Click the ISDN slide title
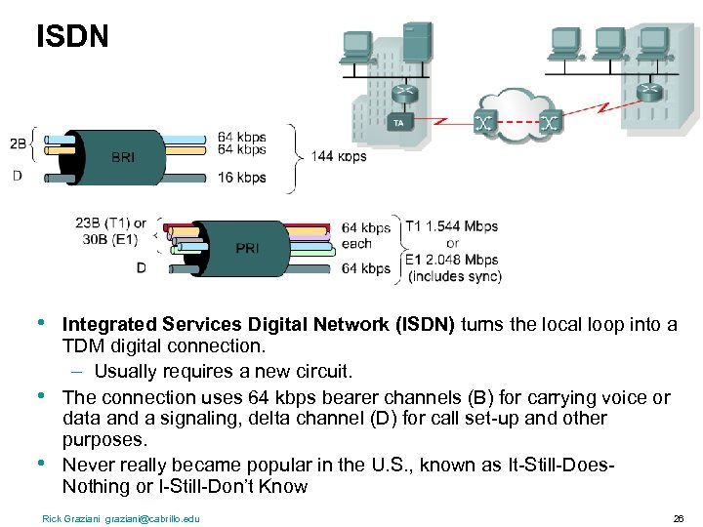pos(72,38)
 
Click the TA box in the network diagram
pos(397,123)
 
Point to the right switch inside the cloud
pos(551,123)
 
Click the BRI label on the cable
pos(124,156)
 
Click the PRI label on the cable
pos(248,248)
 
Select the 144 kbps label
pos(339,156)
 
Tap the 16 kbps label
pos(241,178)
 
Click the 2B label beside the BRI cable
pos(19,144)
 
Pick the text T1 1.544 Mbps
pos(451,226)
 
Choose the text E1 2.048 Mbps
pos(451,261)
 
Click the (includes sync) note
pos(454,277)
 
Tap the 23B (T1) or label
pos(110,223)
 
